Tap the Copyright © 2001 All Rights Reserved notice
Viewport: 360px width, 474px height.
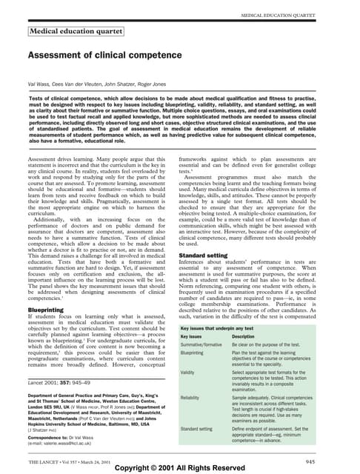[180, 469]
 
